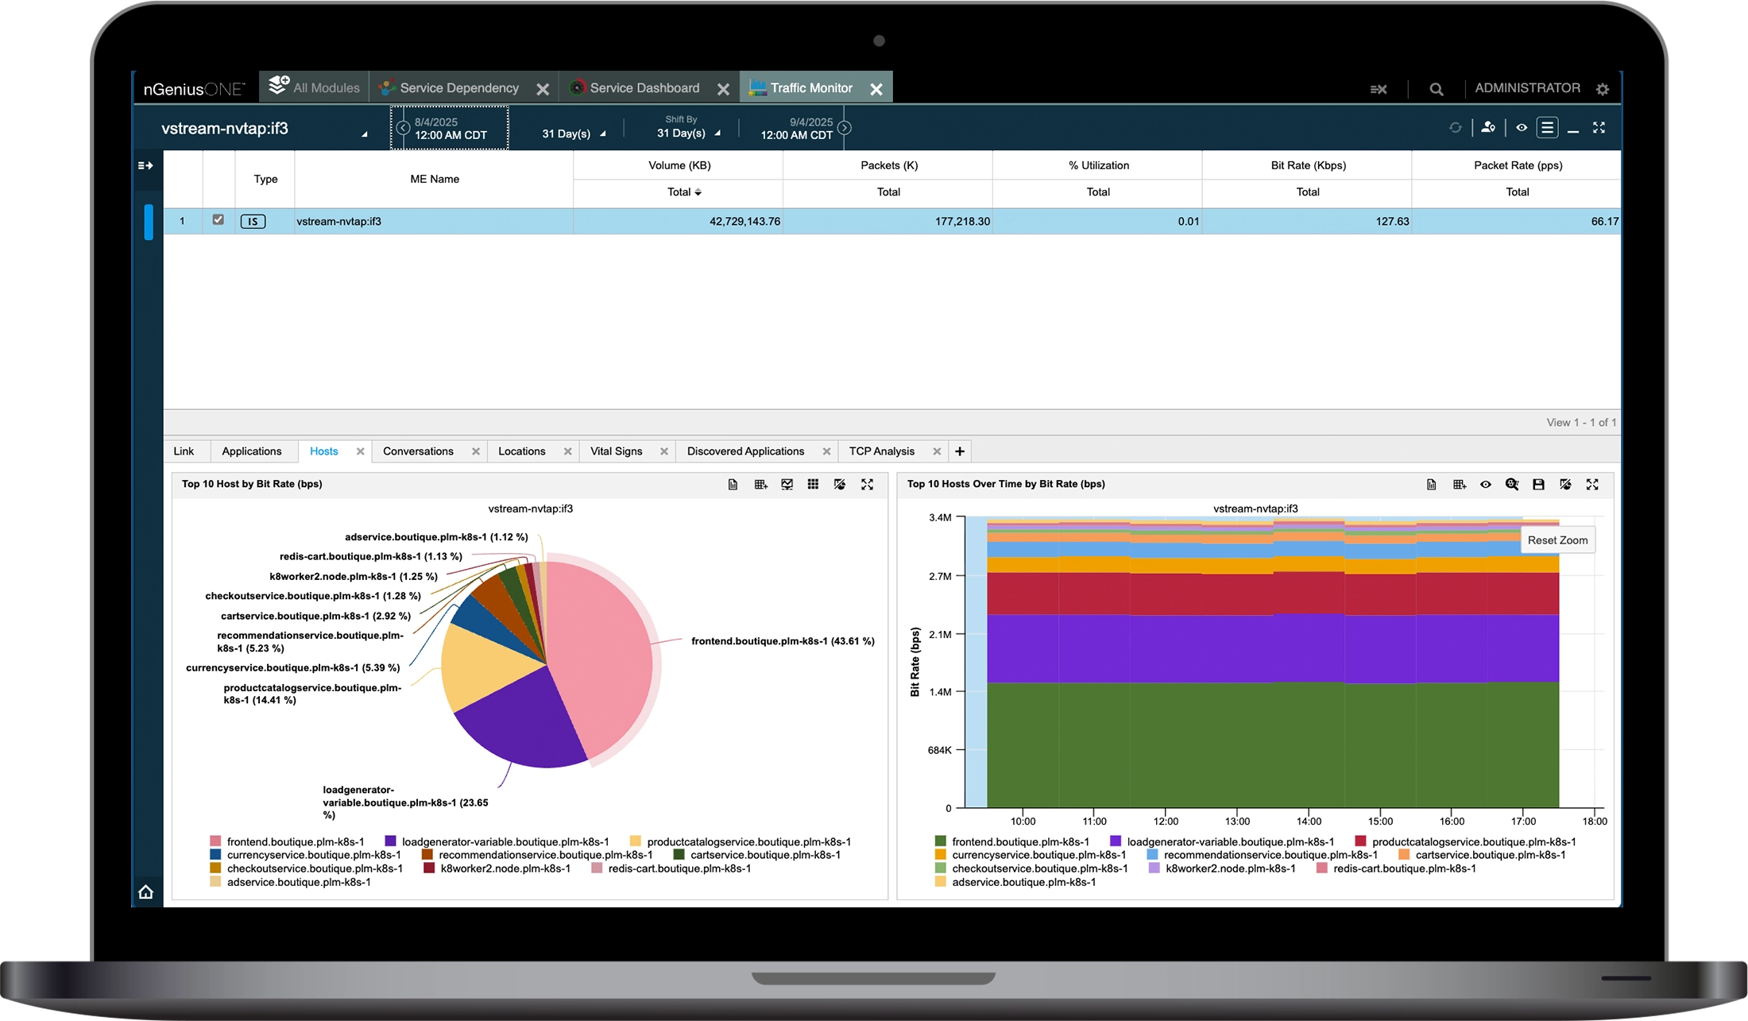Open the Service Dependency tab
(458, 88)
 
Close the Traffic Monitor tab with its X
(876, 89)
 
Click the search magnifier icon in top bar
(1436, 89)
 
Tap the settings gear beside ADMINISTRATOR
(1603, 89)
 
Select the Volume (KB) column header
(679, 165)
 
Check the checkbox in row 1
(218, 220)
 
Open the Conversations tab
(418, 451)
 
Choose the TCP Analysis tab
(881, 451)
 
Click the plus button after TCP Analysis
(960, 451)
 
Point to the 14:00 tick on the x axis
(1309, 822)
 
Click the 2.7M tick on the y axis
(940, 576)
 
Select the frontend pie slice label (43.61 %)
(783, 641)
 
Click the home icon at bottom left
(146, 891)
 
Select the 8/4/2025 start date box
(450, 128)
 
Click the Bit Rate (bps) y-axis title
(915, 662)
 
